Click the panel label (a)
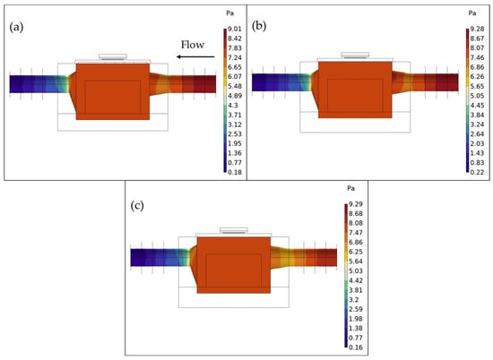click(16, 28)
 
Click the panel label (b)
click(259, 26)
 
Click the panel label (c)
click(137, 206)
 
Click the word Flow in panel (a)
click(193, 45)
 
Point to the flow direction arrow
click(195, 56)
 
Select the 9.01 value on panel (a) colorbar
click(235, 29)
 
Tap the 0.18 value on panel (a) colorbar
click(235, 172)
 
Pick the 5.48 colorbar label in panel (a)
click(235, 86)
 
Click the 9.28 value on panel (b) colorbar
click(477, 29)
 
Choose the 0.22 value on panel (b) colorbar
click(477, 172)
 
